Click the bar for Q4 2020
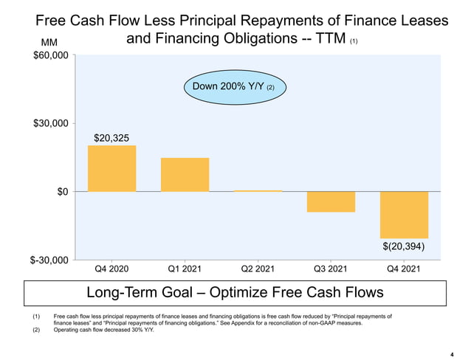(111, 168)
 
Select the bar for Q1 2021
(185, 175)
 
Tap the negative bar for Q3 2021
(331, 201)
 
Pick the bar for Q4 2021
(404, 215)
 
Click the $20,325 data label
(111, 138)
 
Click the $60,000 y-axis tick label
(51, 55)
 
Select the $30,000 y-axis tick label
(51, 123)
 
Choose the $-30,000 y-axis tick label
(49, 260)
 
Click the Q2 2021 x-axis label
(258, 269)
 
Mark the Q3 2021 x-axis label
(331, 269)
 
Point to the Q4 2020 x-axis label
(111, 269)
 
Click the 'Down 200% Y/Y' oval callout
(234, 87)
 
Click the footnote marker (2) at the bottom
(36, 330)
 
